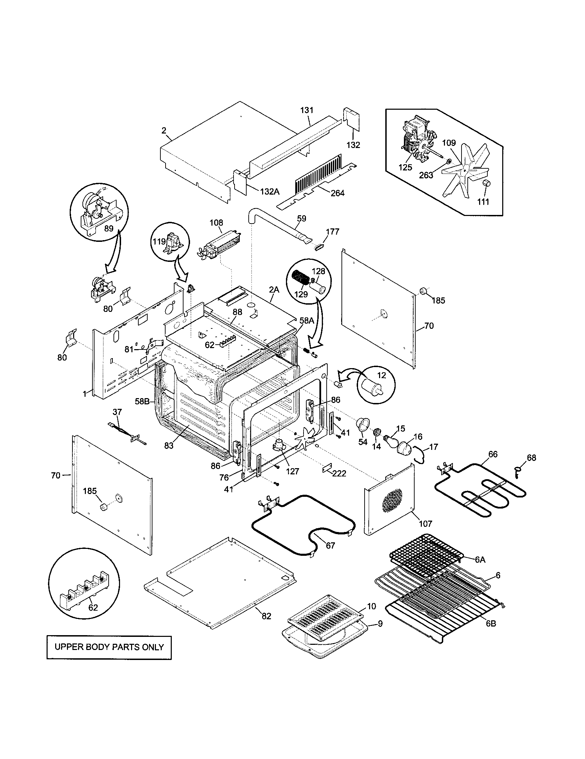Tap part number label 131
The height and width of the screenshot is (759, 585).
[307, 110]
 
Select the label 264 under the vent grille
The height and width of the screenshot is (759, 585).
[337, 193]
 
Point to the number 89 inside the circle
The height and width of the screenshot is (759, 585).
[109, 228]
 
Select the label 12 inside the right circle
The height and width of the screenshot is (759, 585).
[381, 375]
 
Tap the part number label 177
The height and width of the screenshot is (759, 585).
[333, 231]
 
